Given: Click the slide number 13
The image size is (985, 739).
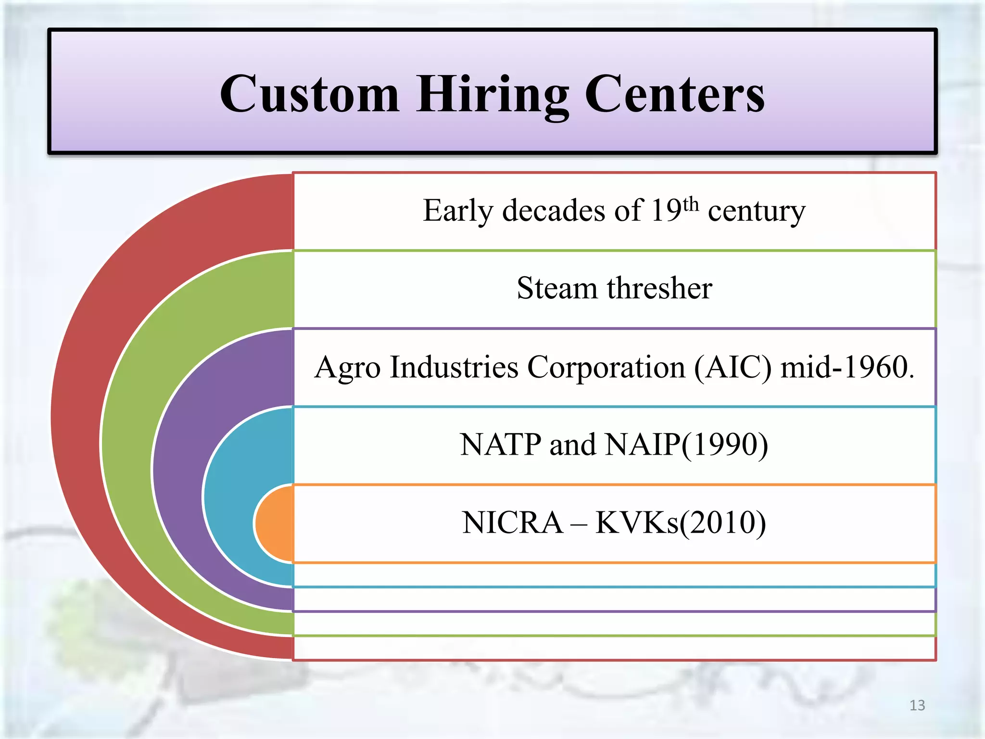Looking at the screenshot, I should tap(917, 705).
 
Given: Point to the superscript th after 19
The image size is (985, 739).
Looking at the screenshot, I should tap(691, 204).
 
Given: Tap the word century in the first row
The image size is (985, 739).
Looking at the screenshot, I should tap(757, 212).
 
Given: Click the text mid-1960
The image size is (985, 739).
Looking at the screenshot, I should tap(846, 367).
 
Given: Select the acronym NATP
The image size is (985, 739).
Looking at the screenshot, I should tap(501, 444).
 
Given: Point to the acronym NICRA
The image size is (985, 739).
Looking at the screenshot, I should tap(512, 522).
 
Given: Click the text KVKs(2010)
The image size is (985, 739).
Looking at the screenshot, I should tap(681, 523).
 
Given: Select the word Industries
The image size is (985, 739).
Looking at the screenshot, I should tap(454, 367).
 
